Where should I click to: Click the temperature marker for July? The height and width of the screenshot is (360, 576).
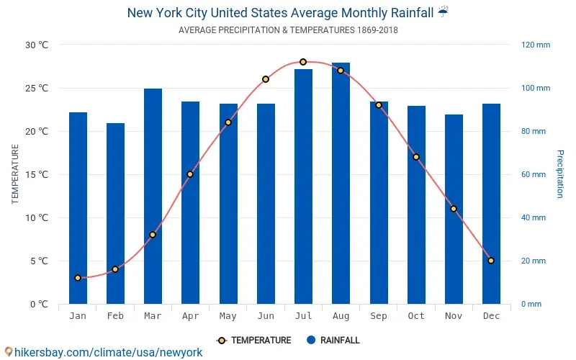(x=303, y=62)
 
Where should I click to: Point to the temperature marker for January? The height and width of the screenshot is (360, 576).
(x=78, y=278)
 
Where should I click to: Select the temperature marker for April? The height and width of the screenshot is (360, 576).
(x=190, y=174)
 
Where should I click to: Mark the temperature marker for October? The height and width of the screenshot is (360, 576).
(x=416, y=157)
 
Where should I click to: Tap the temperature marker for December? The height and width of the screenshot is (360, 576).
(x=491, y=261)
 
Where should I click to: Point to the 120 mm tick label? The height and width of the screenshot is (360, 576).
(x=536, y=45)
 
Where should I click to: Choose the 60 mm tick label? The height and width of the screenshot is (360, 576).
(x=534, y=174)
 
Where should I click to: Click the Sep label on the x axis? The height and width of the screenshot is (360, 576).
(x=379, y=316)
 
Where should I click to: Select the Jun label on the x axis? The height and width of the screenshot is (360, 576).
(x=266, y=316)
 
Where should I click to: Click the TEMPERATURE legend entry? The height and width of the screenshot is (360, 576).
(x=254, y=341)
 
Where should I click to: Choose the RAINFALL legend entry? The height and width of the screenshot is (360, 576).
(x=333, y=341)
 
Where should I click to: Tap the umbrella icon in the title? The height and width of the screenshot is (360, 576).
(x=444, y=12)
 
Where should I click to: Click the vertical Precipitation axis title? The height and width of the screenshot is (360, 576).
(x=560, y=174)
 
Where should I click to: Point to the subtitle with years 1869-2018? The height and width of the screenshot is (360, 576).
(x=288, y=30)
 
